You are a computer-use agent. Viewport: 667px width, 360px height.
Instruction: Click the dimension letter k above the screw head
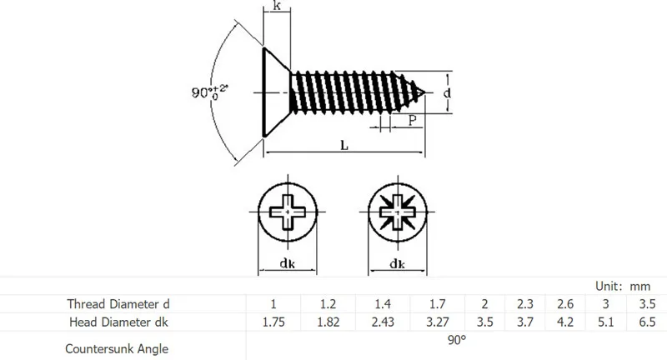[277, 6]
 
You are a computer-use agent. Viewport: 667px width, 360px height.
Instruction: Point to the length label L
[344, 145]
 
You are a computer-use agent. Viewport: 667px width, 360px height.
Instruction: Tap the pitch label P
[412, 120]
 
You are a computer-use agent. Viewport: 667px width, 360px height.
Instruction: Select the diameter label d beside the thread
[447, 92]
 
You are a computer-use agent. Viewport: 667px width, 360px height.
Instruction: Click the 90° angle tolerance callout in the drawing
[210, 92]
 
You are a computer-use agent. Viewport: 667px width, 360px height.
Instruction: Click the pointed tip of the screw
[424, 92]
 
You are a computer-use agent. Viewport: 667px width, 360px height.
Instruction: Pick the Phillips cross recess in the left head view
[288, 211]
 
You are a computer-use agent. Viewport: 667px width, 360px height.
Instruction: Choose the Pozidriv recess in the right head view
[398, 212]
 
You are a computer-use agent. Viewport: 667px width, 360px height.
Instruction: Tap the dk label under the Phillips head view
[287, 263]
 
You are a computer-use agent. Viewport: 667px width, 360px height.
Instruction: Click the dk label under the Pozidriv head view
[398, 264]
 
